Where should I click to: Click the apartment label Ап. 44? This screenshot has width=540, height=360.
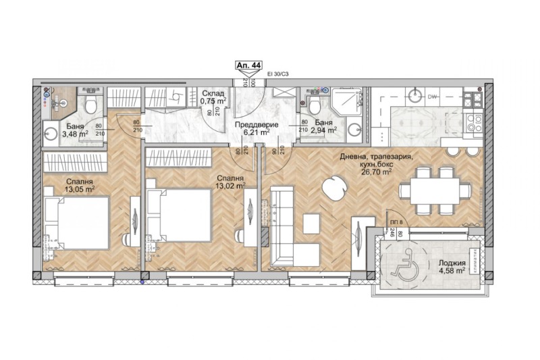(x=248, y=65)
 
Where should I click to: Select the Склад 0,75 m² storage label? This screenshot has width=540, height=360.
(x=213, y=97)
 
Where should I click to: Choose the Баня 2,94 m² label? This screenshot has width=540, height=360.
(x=324, y=126)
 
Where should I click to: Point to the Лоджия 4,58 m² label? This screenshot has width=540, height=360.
(x=451, y=267)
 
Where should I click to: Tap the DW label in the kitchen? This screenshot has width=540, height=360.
(x=432, y=97)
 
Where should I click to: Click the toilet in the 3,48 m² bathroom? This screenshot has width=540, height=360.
(x=90, y=102)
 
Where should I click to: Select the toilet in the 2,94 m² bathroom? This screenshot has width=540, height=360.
(x=313, y=103)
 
